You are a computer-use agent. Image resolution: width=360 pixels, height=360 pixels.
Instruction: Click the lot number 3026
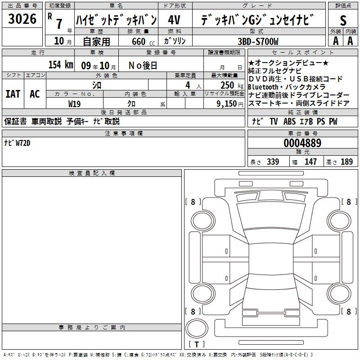(22, 19)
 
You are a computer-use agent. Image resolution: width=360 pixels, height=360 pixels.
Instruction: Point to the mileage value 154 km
(61, 64)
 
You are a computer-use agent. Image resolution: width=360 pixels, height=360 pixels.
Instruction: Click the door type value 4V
(175, 20)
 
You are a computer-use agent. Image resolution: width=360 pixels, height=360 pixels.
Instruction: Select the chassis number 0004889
(302, 143)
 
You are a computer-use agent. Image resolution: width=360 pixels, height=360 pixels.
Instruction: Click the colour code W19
(75, 103)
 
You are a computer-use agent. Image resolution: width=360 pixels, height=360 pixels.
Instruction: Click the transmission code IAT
(13, 94)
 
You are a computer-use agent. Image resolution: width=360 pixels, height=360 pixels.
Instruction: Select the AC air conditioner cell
(35, 94)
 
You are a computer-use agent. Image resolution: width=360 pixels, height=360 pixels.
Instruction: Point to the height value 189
(347, 162)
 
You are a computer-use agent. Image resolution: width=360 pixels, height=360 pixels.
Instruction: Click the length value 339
(273, 162)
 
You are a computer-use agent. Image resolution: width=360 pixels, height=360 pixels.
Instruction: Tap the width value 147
(310, 162)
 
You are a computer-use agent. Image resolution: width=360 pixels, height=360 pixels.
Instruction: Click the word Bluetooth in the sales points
(264, 86)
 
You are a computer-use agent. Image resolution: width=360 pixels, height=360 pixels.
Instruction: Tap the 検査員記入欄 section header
(92, 173)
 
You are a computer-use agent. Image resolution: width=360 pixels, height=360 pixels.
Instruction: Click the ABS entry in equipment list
(290, 121)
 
